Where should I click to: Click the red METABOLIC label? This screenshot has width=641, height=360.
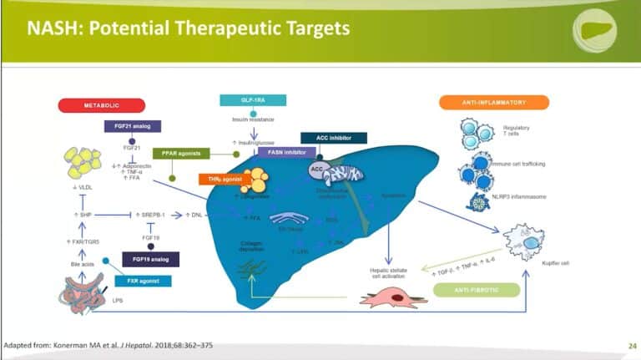point(101,105)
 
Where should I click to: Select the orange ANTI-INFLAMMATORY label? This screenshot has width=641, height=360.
point(493,103)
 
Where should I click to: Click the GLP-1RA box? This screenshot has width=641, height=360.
point(252,100)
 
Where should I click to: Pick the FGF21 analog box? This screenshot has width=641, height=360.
point(130,126)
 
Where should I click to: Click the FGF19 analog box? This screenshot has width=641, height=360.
point(150,259)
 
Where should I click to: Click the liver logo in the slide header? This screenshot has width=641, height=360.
point(594,31)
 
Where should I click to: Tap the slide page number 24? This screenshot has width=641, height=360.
point(630,344)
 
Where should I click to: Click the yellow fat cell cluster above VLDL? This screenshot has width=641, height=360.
point(84,162)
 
